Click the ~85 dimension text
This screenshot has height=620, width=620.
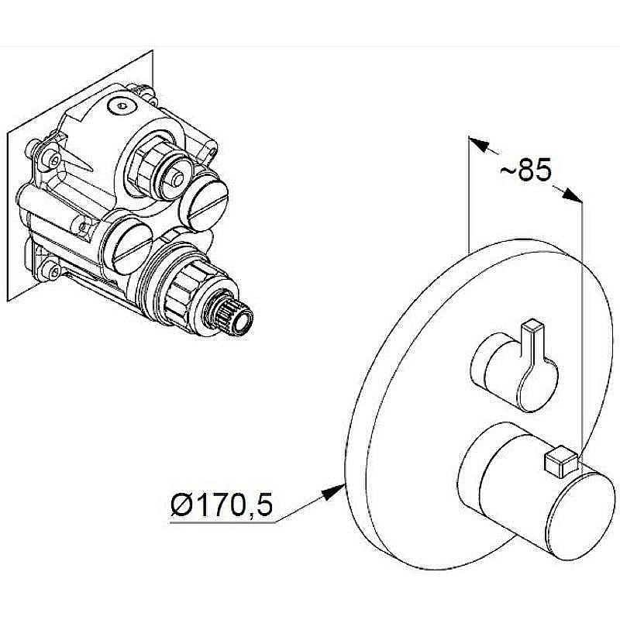point(525,170)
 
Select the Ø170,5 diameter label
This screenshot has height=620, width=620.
point(222,505)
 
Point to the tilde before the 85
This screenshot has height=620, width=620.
point(507,170)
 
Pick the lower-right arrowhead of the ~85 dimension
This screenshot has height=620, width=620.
point(573,195)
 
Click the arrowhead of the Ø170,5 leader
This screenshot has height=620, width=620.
point(334,491)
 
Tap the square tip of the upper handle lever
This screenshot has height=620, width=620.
point(532,326)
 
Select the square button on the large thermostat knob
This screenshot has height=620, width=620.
point(561,461)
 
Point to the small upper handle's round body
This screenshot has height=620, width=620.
point(514,372)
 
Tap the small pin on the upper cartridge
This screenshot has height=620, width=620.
point(177,179)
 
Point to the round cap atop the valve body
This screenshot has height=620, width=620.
point(122,105)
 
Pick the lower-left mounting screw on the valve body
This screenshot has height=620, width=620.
point(51,270)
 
